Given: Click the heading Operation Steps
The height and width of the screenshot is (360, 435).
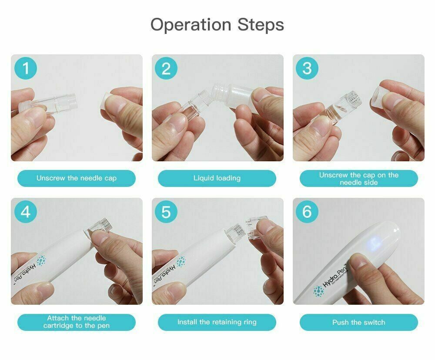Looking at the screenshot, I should [217, 25].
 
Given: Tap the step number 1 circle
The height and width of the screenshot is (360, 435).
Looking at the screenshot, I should [26, 69].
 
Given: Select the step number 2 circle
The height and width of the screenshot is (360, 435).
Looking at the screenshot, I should [166, 69].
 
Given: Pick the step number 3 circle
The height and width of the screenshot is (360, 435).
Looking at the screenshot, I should [307, 69].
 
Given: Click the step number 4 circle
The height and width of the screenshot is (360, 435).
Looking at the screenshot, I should [26, 212].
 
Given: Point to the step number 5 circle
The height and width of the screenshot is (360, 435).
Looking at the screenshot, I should [166, 212].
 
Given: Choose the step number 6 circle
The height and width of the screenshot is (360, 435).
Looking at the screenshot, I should [307, 212].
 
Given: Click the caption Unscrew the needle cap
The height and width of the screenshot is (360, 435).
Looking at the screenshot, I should [77, 178].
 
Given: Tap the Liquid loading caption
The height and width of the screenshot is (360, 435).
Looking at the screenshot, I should [217, 178].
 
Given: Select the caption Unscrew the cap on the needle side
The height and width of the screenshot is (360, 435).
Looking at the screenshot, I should [358, 179].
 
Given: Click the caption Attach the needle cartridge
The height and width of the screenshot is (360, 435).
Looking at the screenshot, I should [77, 322].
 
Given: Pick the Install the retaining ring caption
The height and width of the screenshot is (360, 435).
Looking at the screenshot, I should [217, 322].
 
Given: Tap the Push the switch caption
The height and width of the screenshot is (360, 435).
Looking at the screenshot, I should [358, 322].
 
